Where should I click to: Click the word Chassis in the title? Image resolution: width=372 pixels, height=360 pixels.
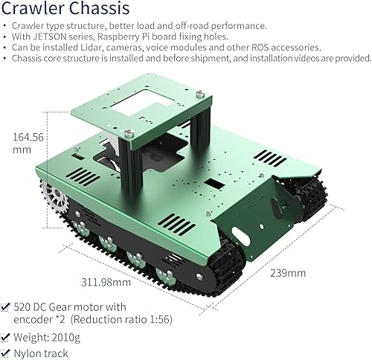click(x=92, y=9)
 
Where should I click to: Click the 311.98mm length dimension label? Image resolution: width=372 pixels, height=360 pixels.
click(x=107, y=282)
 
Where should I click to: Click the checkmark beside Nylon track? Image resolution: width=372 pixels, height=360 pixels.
click(x=6, y=353)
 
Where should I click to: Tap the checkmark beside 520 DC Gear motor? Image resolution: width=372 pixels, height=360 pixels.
click(x=6, y=306)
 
